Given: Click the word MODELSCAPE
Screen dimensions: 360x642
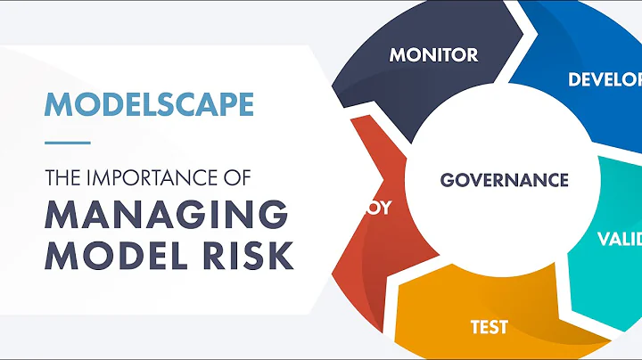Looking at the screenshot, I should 149,104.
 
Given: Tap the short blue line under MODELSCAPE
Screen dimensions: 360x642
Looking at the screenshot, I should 67,142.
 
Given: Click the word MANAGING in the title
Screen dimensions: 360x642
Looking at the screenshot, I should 167,217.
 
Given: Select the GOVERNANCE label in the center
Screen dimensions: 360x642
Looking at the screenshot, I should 504,180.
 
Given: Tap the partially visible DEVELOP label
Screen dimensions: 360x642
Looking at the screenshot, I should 605,79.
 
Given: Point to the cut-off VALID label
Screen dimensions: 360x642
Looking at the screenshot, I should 618,239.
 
